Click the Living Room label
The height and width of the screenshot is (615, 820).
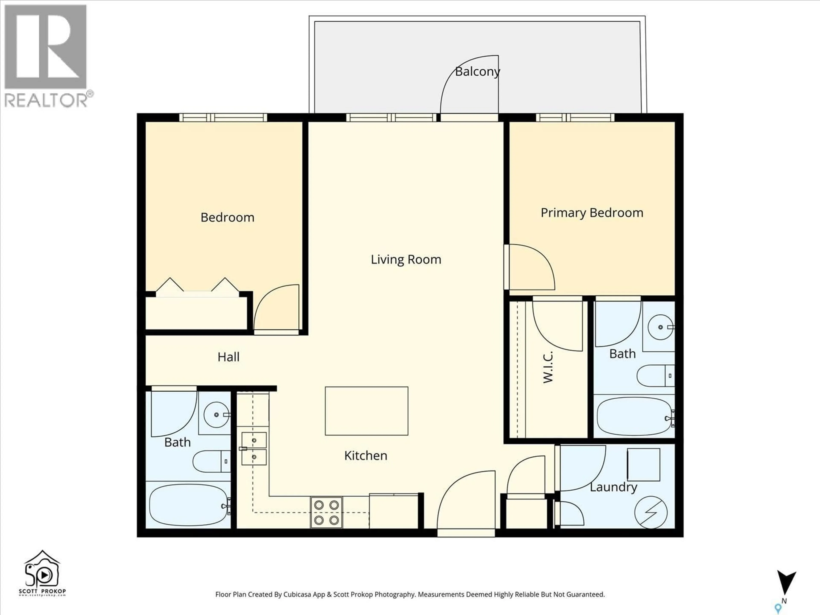point(406,259)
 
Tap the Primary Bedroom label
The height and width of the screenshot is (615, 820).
point(592,213)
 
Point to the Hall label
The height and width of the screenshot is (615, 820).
point(228,357)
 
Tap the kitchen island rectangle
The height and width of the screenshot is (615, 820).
point(366,411)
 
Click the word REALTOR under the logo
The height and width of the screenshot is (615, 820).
point(46,100)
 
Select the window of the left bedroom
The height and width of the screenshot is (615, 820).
point(223,117)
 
